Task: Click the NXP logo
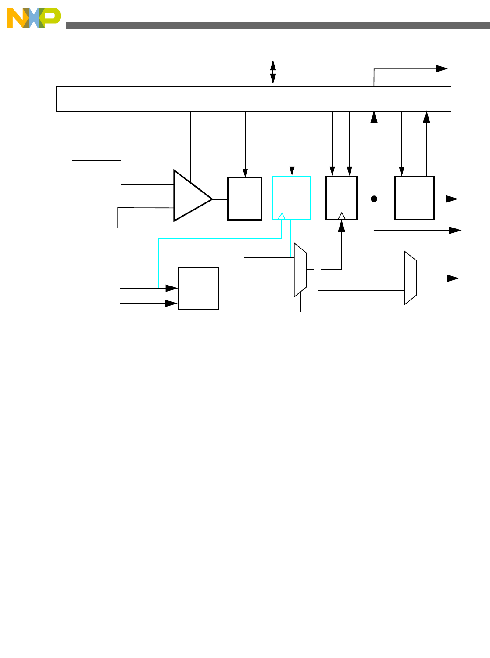(33, 18)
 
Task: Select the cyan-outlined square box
(291, 198)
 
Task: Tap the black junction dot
(374, 199)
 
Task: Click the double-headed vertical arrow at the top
(273, 72)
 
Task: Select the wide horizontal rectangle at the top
(254, 99)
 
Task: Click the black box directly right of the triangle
(244, 199)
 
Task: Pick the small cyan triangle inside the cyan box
(282, 216)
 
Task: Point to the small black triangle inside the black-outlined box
(342, 215)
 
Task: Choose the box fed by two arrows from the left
(198, 288)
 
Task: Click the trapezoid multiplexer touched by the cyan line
(300, 270)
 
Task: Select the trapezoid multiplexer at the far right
(410, 278)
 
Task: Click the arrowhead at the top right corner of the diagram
(442, 69)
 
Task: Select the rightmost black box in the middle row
(414, 198)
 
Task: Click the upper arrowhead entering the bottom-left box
(172, 288)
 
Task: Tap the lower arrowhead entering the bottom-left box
(172, 304)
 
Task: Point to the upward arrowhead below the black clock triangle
(342, 226)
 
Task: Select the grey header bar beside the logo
(276, 25)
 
